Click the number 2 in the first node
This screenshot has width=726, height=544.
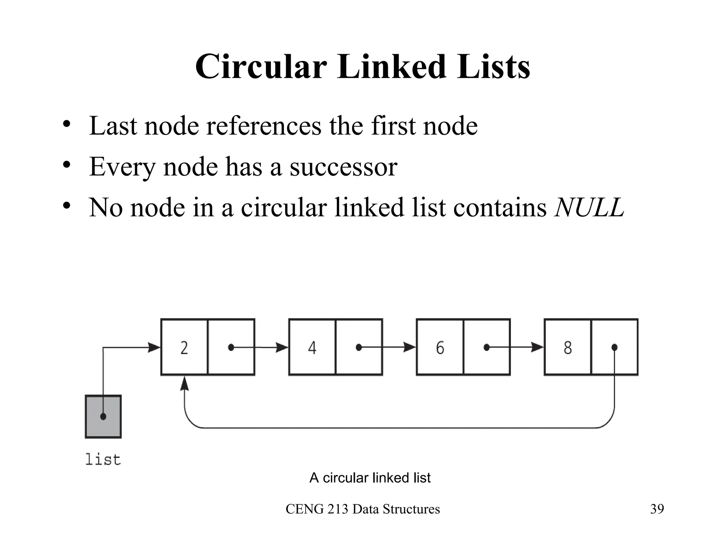tap(184, 348)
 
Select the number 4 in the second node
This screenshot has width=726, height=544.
tap(312, 348)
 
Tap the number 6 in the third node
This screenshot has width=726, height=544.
tap(440, 348)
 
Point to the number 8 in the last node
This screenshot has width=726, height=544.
tap(568, 348)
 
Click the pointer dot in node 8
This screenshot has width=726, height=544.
tap(615, 347)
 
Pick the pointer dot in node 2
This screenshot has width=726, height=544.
tap(231, 347)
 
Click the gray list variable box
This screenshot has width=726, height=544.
tap(103, 416)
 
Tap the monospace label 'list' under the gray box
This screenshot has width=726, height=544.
tap(103, 460)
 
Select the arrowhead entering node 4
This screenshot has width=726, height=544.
tap(282, 347)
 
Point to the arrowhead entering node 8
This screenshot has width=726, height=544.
tap(537, 347)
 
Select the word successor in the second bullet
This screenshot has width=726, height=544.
tap(344, 167)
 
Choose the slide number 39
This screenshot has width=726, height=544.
tap(657, 509)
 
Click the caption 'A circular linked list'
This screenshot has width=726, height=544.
tap(370, 478)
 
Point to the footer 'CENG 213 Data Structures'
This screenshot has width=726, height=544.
tap(363, 509)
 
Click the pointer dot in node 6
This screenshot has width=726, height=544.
tap(487, 347)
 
